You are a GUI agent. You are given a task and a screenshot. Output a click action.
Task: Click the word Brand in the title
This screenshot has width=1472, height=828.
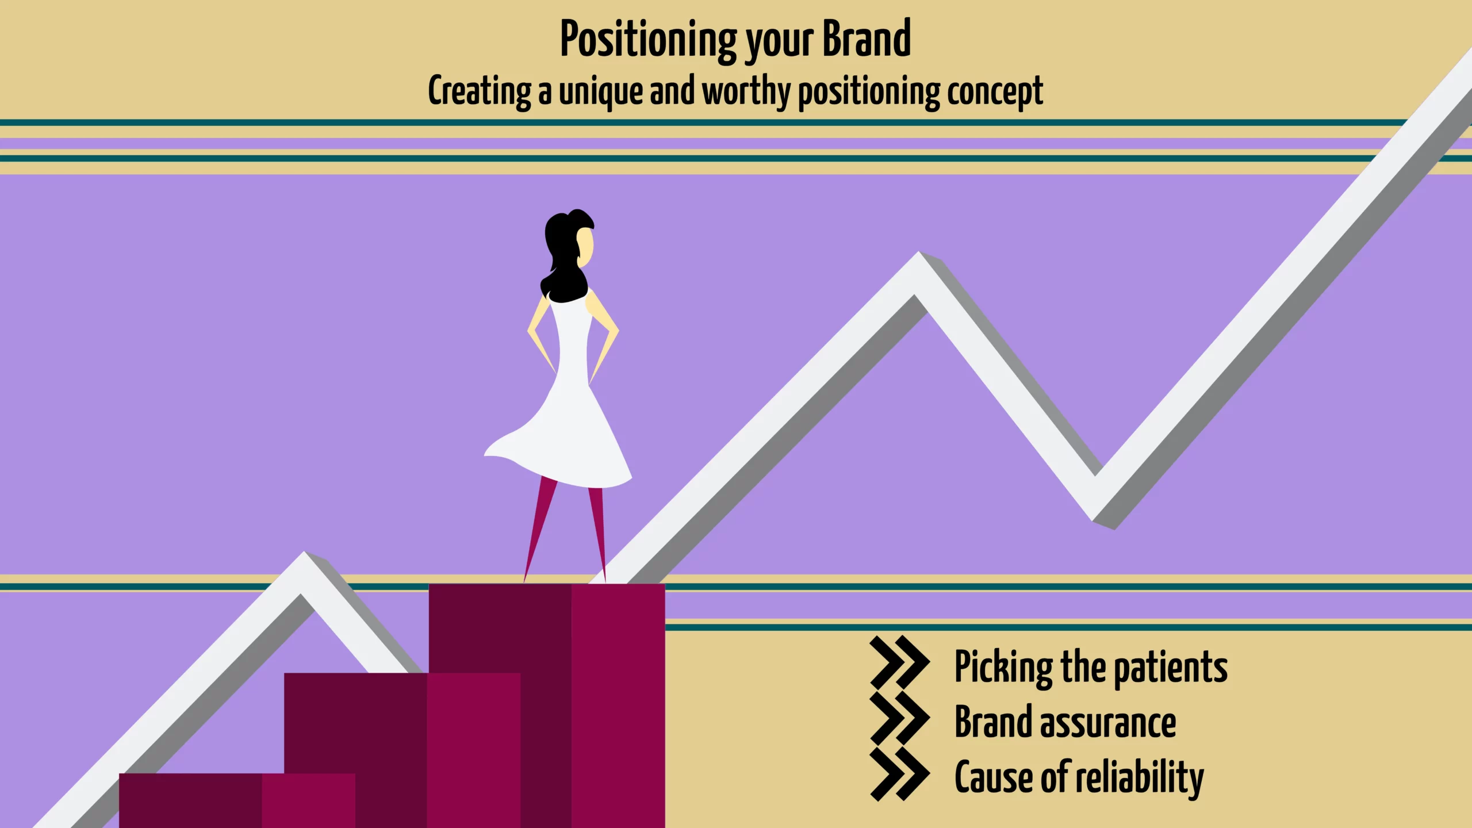tap(867, 39)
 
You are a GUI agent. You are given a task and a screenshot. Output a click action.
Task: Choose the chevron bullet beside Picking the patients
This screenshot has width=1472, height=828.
tap(899, 663)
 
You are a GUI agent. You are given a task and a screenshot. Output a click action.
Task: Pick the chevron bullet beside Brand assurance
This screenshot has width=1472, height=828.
tap(899, 718)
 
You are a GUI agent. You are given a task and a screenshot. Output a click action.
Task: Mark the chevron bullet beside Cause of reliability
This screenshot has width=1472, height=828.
tap(899, 773)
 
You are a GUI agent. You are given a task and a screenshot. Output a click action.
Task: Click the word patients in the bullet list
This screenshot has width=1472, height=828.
tap(1171, 668)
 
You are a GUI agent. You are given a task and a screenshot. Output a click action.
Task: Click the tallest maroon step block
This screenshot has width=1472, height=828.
tap(547, 706)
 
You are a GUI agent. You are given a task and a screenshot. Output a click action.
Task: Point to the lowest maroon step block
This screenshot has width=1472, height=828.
tap(237, 800)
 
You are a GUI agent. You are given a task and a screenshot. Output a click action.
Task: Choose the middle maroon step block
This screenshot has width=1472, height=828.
tap(402, 750)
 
